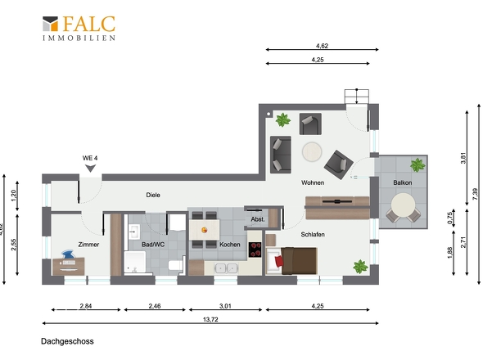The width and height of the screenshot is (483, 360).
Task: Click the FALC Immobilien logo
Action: pos(79,28)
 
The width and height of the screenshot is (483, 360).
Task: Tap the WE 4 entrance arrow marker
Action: pos(90,169)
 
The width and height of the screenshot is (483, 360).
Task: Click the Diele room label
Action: pos(153,195)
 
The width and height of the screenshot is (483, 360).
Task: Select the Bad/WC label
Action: pos(153,245)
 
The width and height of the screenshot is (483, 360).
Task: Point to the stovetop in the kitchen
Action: pos(255,250)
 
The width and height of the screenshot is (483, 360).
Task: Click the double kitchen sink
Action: pos(226,268)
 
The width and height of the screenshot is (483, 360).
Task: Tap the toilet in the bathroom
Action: pos(176,265)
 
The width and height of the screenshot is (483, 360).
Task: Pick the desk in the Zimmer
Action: pos(69,266)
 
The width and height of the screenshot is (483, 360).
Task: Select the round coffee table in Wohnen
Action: pos(312,151)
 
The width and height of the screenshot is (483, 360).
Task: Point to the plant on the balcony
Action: pos(418,164)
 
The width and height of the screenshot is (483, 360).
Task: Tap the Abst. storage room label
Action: pos(258,219)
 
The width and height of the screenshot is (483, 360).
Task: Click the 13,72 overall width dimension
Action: pos(210,320)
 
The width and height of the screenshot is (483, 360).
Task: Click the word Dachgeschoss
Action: pos(67,341)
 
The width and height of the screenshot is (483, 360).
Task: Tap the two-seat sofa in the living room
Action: pos(281,155)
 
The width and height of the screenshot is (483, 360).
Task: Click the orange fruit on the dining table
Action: pos(204,230)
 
